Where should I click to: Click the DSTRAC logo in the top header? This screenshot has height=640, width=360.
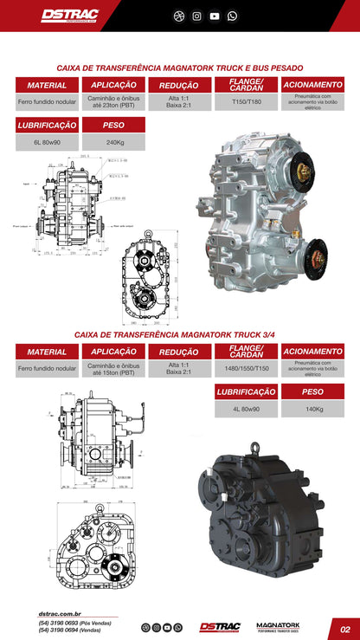[x=70, y=16]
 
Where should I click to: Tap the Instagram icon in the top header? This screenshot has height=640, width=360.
[x=197, y=16]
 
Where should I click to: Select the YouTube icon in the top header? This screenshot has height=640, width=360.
[x=215, y=16]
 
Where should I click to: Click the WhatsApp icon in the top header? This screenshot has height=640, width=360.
[x=232, y=16]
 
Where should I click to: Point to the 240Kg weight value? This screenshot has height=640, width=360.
[x=113, y=142]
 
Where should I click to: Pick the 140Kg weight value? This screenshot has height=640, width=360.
[x=312, y=409]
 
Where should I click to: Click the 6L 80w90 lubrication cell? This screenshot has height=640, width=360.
[x=47, y=142]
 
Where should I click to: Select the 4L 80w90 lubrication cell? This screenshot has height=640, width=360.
[x=246, y=409]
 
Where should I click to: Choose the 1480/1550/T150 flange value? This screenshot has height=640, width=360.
[x=246, y=368]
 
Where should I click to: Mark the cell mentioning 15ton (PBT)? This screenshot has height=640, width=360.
[x=113, y=368]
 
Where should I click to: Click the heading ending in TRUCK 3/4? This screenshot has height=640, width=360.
[x=179, y=333]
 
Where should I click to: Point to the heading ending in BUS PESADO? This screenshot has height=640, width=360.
[x=179, y=67]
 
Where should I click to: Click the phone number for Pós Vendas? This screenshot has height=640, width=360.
[x=74, y=623]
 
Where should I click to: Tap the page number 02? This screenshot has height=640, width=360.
[x=344, y=629]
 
